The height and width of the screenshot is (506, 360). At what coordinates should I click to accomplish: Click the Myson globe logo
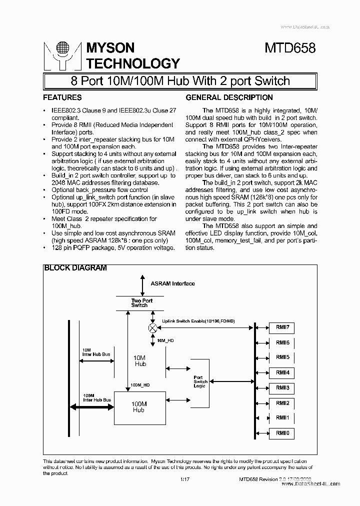point(62,49)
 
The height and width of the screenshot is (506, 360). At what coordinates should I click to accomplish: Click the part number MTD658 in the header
point(290,48)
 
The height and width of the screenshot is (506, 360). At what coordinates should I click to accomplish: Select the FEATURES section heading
point(62,97)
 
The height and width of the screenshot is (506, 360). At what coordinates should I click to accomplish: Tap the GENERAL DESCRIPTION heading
point(229,97)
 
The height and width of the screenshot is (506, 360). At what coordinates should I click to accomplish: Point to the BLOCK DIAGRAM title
point(75,268)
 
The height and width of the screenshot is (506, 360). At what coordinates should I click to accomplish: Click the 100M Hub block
point(138,406)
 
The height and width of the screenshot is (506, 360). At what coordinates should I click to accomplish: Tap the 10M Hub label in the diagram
point(140,361)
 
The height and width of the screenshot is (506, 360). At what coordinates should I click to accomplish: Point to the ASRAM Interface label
point(172,283)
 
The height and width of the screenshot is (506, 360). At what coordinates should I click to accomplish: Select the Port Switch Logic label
point(200,381)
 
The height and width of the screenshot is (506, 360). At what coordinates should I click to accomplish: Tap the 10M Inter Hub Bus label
point(96,352)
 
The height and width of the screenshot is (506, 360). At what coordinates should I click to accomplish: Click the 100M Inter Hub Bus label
point(96,397)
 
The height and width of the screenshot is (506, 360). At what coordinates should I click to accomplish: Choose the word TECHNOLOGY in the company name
point(133,63)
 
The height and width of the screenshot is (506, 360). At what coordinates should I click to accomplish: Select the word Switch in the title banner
point(272,81)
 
